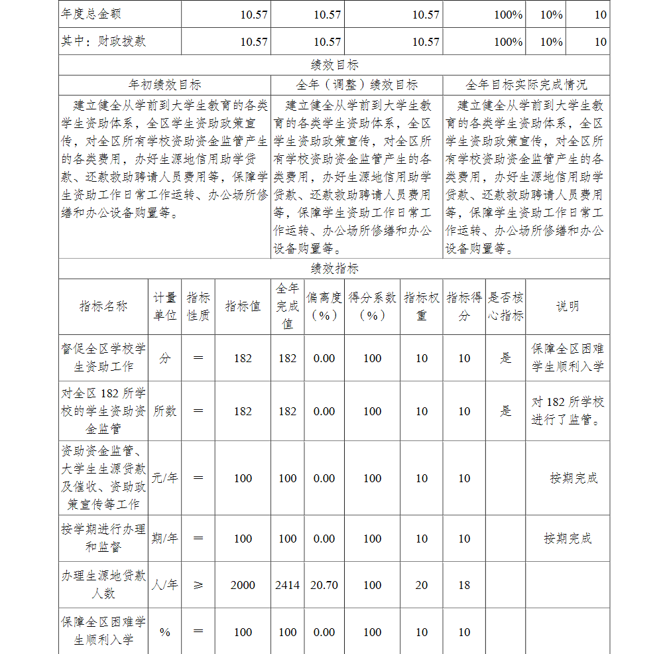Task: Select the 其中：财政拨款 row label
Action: coord(103,42)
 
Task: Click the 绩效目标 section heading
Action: coord(334,65)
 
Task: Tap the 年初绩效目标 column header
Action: coord(164,85)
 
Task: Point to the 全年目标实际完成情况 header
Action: coord(526,85)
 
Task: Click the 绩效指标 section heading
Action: coord(334,269)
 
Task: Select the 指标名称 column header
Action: coord(103,306)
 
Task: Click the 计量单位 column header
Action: coord(165,306)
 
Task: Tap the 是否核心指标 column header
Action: coord(506,306)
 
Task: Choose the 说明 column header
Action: coord(568,306)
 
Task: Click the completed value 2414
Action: coord(287,586)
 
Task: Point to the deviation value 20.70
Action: coord(324,586)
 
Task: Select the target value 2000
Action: coord(243,586)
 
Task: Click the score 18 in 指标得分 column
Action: coord(464,586)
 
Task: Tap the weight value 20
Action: coord(422,586)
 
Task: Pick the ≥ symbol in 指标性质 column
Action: coord(198,586)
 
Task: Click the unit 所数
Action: coord(165,411)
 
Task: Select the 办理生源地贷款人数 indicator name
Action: coord(103,584)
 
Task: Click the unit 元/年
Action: coord(165,478)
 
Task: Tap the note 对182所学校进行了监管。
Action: coord(568,411)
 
